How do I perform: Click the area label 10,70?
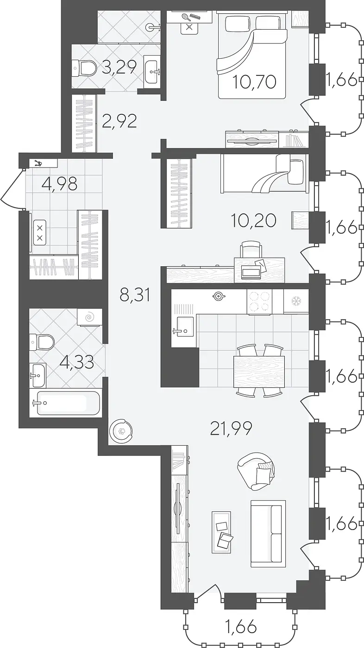(x=254, y=82)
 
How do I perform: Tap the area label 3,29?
(x=119, y=68)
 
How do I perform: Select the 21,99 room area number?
(x=231, y=429)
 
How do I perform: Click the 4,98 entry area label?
(x=60, y=183)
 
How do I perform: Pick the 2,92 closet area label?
(x=119, y=121)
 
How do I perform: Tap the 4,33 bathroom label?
(x=77, y=362)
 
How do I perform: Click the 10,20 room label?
(x=254, y=221)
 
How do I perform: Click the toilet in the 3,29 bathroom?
(x=84, y=68)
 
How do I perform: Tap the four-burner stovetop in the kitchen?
(x=259, y=301)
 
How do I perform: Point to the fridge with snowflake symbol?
(x=296, y=301)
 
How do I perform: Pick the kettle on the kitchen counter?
(x=217, y=295)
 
